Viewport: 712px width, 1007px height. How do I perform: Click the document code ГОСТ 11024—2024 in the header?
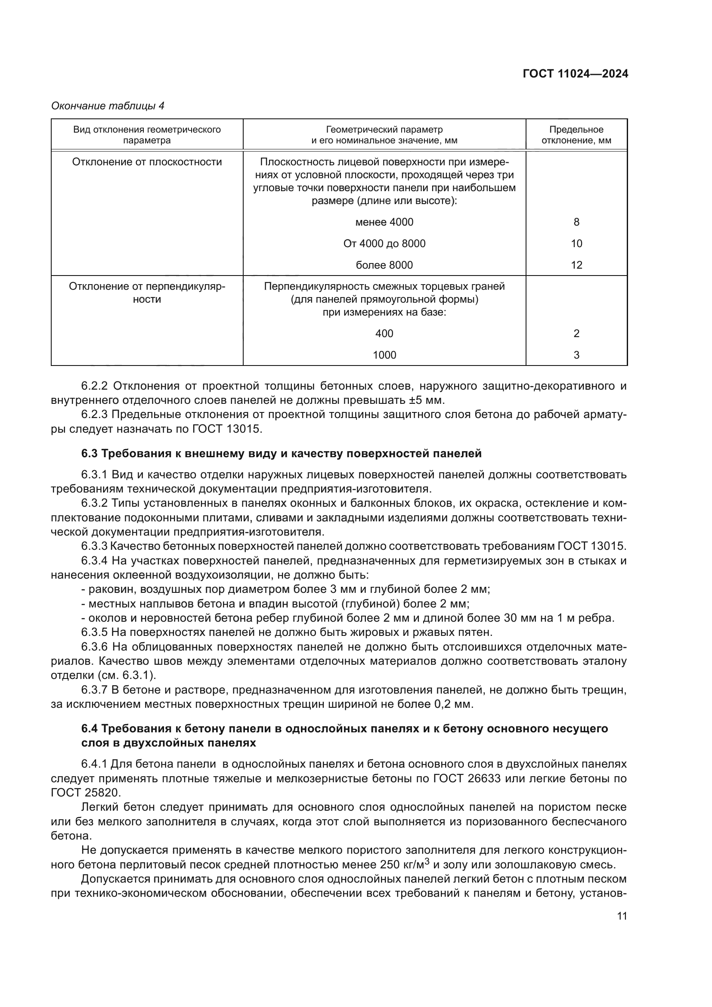tap(575, 74)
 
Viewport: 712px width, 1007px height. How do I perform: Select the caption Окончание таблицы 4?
tap(108, 106)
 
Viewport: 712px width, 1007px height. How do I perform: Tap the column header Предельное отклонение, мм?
tap(576, 135)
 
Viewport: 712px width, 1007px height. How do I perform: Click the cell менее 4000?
tap(384, 222)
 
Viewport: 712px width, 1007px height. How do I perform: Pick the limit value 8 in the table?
tap(576, 222)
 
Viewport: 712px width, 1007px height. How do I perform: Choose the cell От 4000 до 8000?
tap(384, 243)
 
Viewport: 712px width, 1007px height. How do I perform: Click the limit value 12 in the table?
tap(576, 265)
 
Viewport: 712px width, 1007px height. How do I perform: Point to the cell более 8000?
tap(384, 265)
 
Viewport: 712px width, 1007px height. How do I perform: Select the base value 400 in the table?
tap(384, 333)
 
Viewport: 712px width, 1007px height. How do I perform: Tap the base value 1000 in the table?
tap(384, 355)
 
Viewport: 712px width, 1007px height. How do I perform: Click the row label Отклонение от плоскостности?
tap(147, 162)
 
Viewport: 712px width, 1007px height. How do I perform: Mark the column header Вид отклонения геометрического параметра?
tap(147, 135)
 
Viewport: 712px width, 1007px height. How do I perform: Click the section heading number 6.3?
tap(90, 453)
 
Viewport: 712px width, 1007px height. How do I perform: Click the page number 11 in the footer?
tap(622, 916)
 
